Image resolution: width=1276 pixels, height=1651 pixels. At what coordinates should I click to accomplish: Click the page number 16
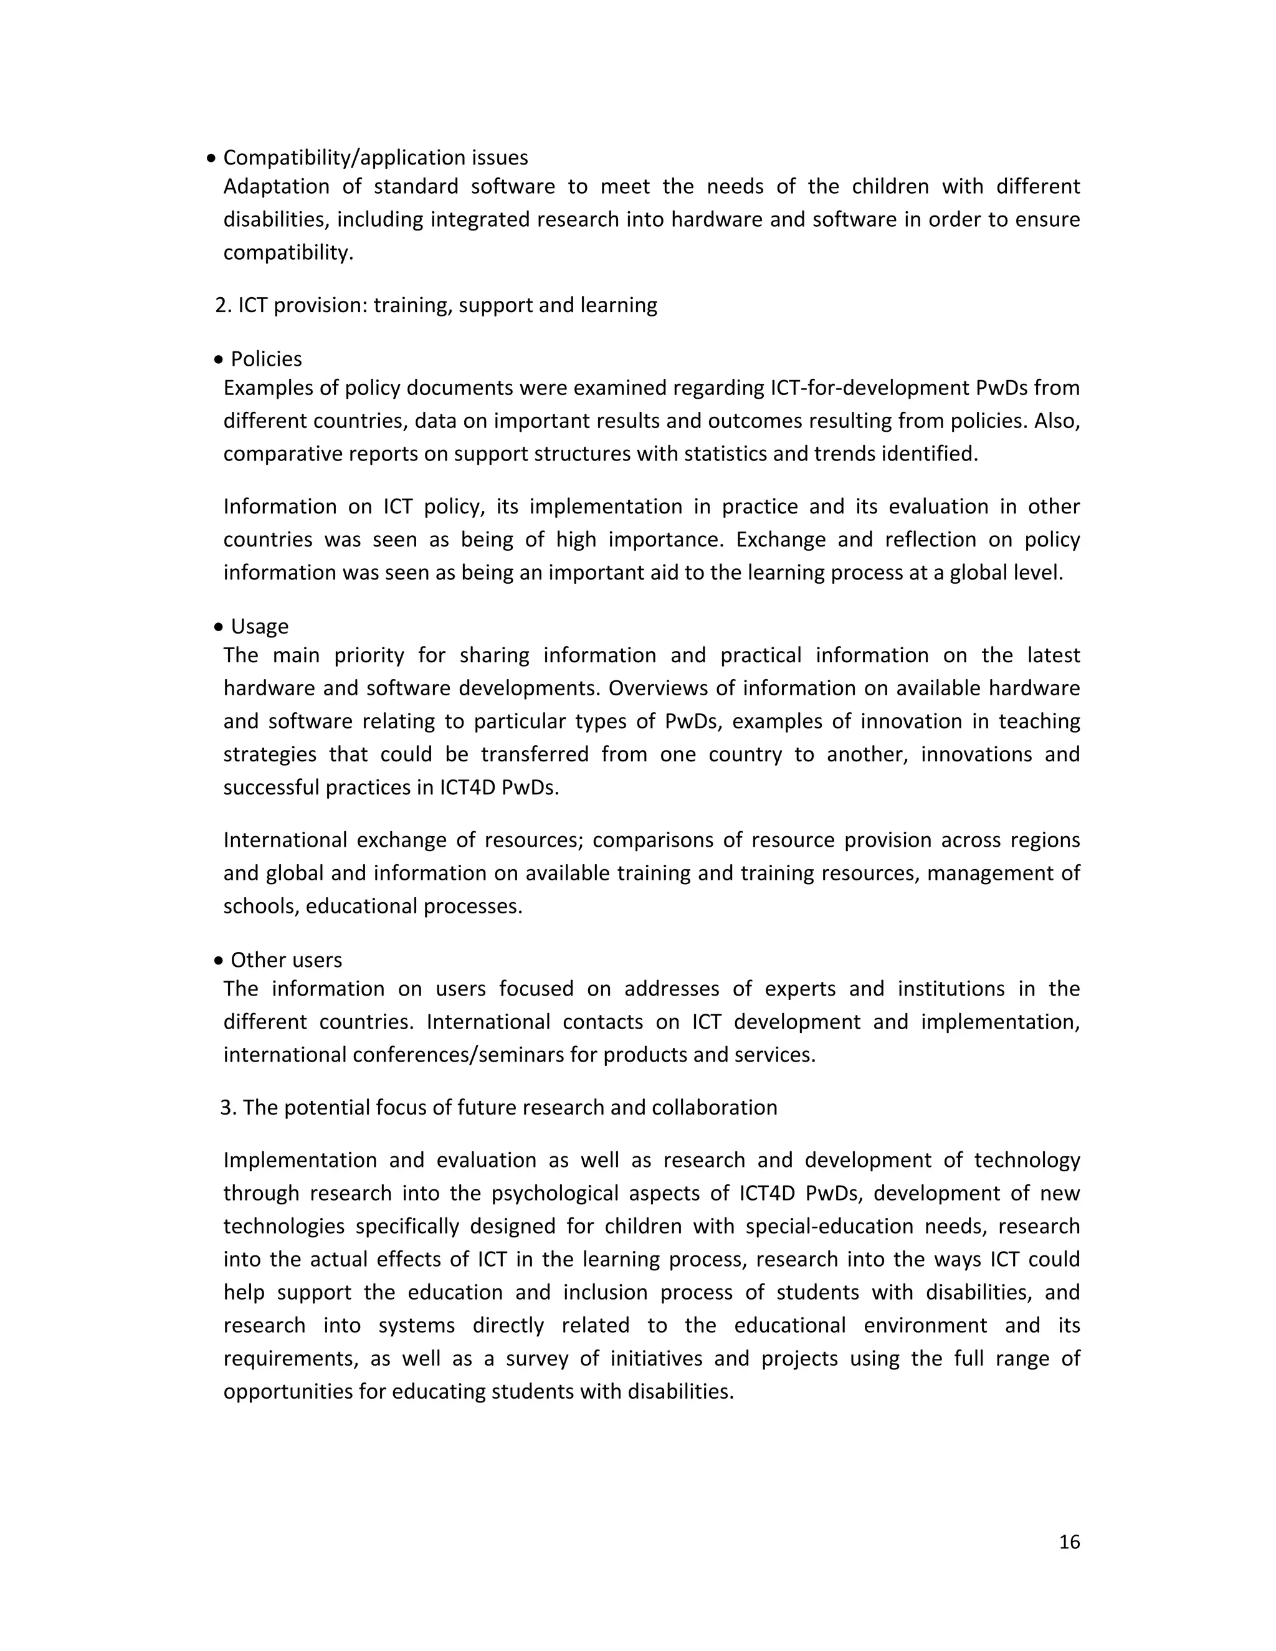pyautogui.click(x=1069, y=1541)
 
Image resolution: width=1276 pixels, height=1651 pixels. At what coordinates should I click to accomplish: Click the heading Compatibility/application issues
pyautogui.click(x=375, y=158)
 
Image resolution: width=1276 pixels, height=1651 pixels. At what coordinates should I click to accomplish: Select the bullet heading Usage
pyautogui.click(x=259, y=626)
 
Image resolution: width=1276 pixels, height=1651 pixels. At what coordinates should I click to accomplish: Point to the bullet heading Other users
pyautogui.click(x=286, y=960)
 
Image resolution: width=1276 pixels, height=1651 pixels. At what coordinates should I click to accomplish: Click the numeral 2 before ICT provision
pyautogui.click(x=220, y=305)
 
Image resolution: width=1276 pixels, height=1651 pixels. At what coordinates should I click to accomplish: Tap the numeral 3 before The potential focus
pyautogui.click(x=226, y=1108)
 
